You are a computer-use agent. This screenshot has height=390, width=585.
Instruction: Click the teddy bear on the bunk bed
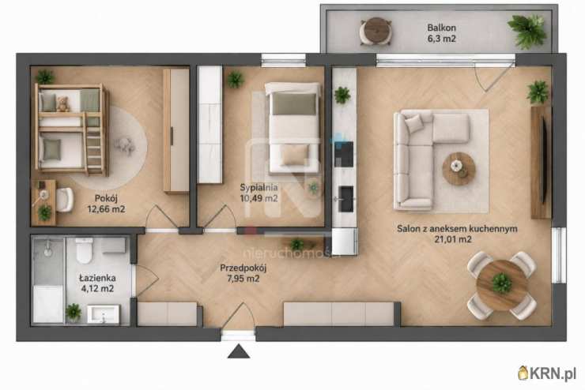coord(63,104)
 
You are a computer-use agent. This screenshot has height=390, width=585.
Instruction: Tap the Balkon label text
coord(441,28)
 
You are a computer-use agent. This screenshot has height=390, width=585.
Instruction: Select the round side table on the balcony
coord(376,32)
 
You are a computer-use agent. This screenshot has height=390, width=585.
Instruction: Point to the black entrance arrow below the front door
coord(239,351)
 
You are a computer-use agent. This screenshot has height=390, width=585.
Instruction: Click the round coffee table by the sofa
coord(459,169)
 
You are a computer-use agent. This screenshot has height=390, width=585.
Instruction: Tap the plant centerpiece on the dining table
coord(502,283)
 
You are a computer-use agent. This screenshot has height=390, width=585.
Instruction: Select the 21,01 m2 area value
coord(452,239)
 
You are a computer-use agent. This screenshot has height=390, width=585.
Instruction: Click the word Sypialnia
coord(259,187)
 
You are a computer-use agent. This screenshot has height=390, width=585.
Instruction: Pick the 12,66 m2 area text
coord(107,209)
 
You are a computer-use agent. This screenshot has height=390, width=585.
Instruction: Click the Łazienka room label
coord(97,278)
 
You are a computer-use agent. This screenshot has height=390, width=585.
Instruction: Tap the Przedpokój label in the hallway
coord(243,268)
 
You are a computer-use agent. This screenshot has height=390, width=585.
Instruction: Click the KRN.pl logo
coord(547,373)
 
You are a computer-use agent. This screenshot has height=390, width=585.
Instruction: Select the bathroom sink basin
coord(104,314)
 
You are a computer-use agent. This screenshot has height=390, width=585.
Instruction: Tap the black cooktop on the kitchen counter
coord(344,154)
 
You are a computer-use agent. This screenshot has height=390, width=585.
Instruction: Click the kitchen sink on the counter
coord(345,199)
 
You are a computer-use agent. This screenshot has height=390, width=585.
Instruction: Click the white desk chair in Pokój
coord(65,200)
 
